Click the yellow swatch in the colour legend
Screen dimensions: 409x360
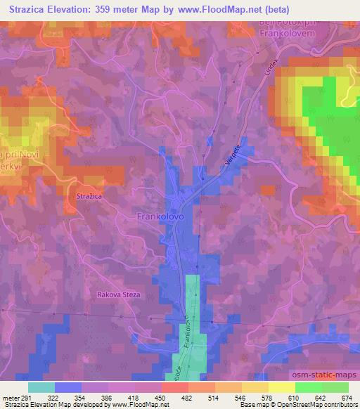[281, 387]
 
